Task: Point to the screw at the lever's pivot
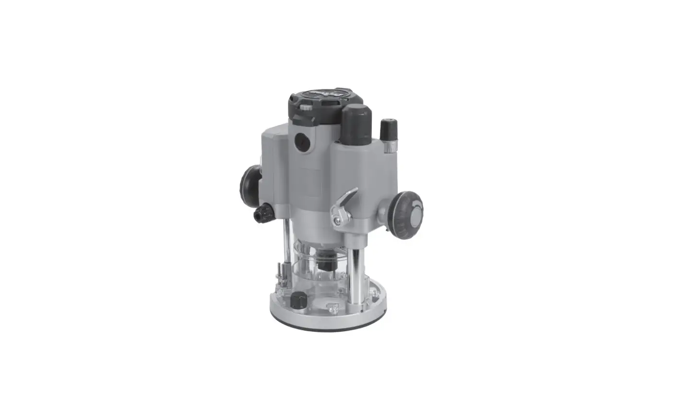[x=339, y=220]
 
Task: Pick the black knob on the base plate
[x=298, y=300]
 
